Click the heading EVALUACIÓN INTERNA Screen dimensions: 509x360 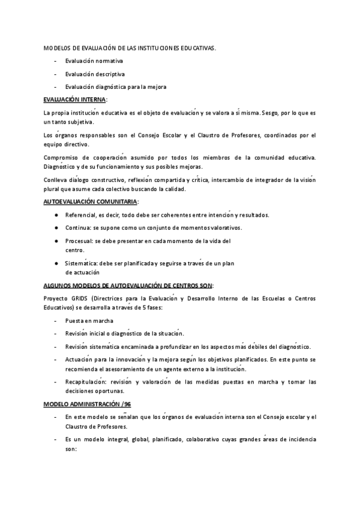tap(75, 100)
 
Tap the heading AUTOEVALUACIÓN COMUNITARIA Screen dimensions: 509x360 tap(91, 202)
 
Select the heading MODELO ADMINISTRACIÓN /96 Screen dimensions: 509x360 tap(86, 404)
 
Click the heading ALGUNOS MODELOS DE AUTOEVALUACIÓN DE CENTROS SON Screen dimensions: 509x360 tap(128, 286)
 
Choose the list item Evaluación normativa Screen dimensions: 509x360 tap(94, 61)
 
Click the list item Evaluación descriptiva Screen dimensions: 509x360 tap(95, 74)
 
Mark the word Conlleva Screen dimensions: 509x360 tap(56, 180)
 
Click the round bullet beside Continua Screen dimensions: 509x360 tap(56, 228)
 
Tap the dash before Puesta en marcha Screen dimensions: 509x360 tap(56, 321)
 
